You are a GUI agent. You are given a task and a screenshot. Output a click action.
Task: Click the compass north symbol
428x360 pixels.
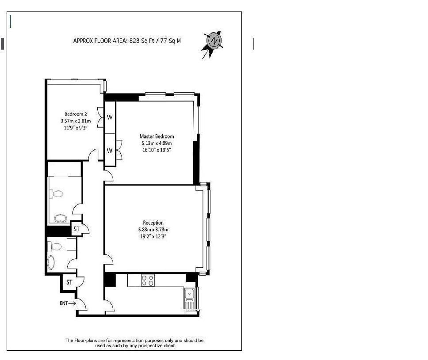(214, 41)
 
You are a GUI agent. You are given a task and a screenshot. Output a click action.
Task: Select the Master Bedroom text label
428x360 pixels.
(157, 136)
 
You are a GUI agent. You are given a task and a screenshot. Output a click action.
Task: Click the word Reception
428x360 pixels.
(153, 223)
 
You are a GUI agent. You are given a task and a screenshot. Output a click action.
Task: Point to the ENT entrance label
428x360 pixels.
(64, 303)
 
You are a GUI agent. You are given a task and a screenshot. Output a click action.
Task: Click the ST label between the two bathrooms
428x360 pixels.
(76, 229)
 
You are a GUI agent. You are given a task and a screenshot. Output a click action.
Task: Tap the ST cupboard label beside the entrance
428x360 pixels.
(69, 282)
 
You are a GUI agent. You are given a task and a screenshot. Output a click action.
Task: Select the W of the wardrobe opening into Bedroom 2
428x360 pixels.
(110, 117)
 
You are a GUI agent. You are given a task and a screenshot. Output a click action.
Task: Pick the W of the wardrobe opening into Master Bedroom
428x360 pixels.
(110, 151)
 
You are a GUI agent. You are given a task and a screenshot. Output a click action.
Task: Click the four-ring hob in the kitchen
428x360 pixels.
(148, 280)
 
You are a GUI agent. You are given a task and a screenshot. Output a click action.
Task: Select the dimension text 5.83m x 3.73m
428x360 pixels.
(153, 230)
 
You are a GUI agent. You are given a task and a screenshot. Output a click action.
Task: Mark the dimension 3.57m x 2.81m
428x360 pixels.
(76, 121)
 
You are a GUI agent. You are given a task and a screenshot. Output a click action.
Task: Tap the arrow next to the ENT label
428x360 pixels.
(72, 303)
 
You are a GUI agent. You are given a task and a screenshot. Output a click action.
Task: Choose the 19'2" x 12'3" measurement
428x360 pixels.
(153, 236)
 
